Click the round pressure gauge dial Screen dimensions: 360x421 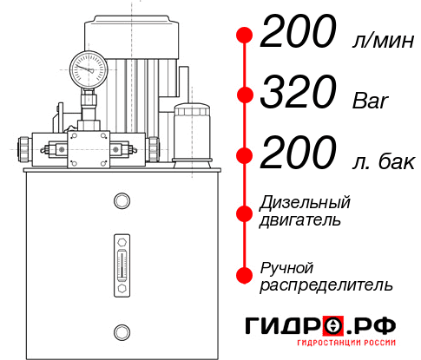[88, 66]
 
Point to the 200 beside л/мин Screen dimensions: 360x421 [298, 34]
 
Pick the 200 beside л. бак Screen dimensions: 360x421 [298, 155]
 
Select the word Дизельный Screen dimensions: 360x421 [306, 203]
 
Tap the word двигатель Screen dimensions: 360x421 [300, 220]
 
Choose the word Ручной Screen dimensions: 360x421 [286, 266]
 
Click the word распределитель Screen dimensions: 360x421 [326, 284]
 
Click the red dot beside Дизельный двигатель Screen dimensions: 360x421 [245, 213]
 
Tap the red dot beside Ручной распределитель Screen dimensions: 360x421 [245, 274]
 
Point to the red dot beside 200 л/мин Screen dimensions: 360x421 [245, 35]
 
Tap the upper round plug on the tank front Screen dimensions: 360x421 [121, 202]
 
